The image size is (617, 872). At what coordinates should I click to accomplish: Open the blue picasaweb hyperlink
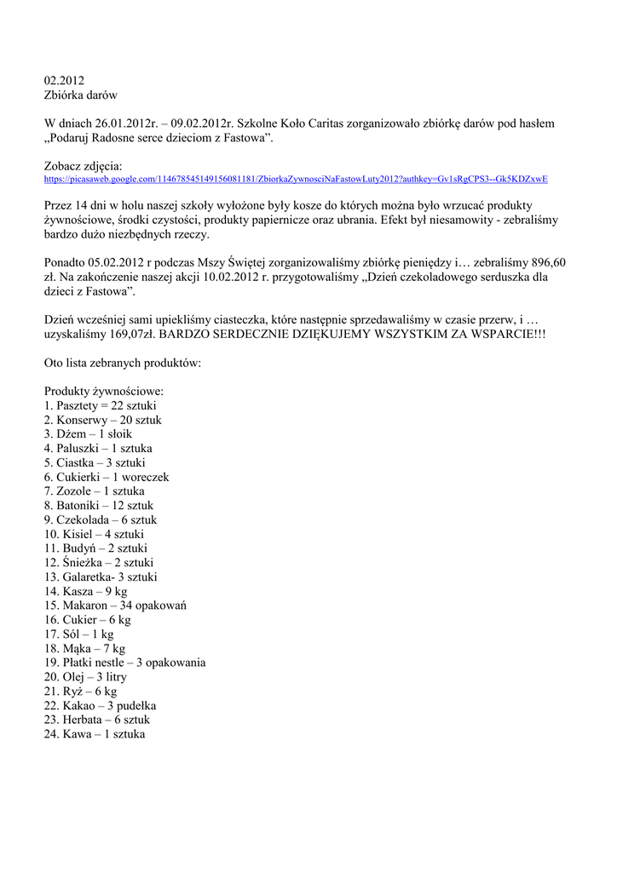(296, 180)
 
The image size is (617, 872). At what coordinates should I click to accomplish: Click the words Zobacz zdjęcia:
(84, 166)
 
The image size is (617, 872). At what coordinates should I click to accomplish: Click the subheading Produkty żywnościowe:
(104, 391)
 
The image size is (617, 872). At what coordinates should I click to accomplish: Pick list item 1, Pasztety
(100, 405)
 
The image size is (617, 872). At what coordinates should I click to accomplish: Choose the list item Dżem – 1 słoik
(88, 433)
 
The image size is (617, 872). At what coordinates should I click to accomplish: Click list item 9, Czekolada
(100, 519)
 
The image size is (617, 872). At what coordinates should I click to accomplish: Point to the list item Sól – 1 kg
(78, 634)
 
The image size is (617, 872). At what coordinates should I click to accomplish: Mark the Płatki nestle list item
(124, 663)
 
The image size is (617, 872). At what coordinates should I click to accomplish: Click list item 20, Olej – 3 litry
(85, 677)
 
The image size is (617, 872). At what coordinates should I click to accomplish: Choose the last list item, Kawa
(95, 734)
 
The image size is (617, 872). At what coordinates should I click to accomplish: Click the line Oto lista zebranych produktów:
(123, 363)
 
